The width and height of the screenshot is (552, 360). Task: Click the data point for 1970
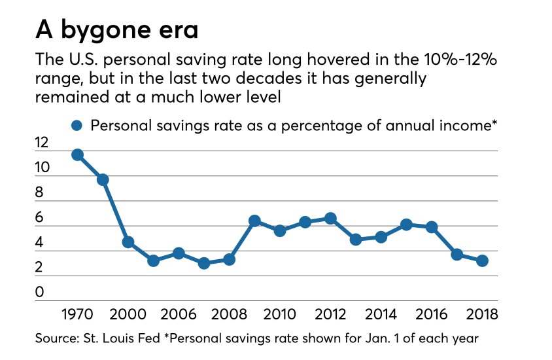[77, 154]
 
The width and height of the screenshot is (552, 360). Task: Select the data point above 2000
[128, 242]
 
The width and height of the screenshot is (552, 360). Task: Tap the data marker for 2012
[330, 218]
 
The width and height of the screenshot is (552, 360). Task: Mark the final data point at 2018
[482, 261]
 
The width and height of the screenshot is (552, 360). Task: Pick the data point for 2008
[229, 259]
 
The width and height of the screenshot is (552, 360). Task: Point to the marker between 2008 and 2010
[254, 221]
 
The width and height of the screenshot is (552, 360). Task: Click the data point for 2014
[381, 237]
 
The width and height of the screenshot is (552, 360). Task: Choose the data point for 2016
[432, 226]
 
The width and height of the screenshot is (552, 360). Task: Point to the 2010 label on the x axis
[279, 314]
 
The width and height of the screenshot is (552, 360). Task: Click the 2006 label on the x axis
[179, 314]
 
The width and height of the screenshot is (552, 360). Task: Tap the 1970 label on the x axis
[77, 314]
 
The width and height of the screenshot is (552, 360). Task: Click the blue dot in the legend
[78, 126]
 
